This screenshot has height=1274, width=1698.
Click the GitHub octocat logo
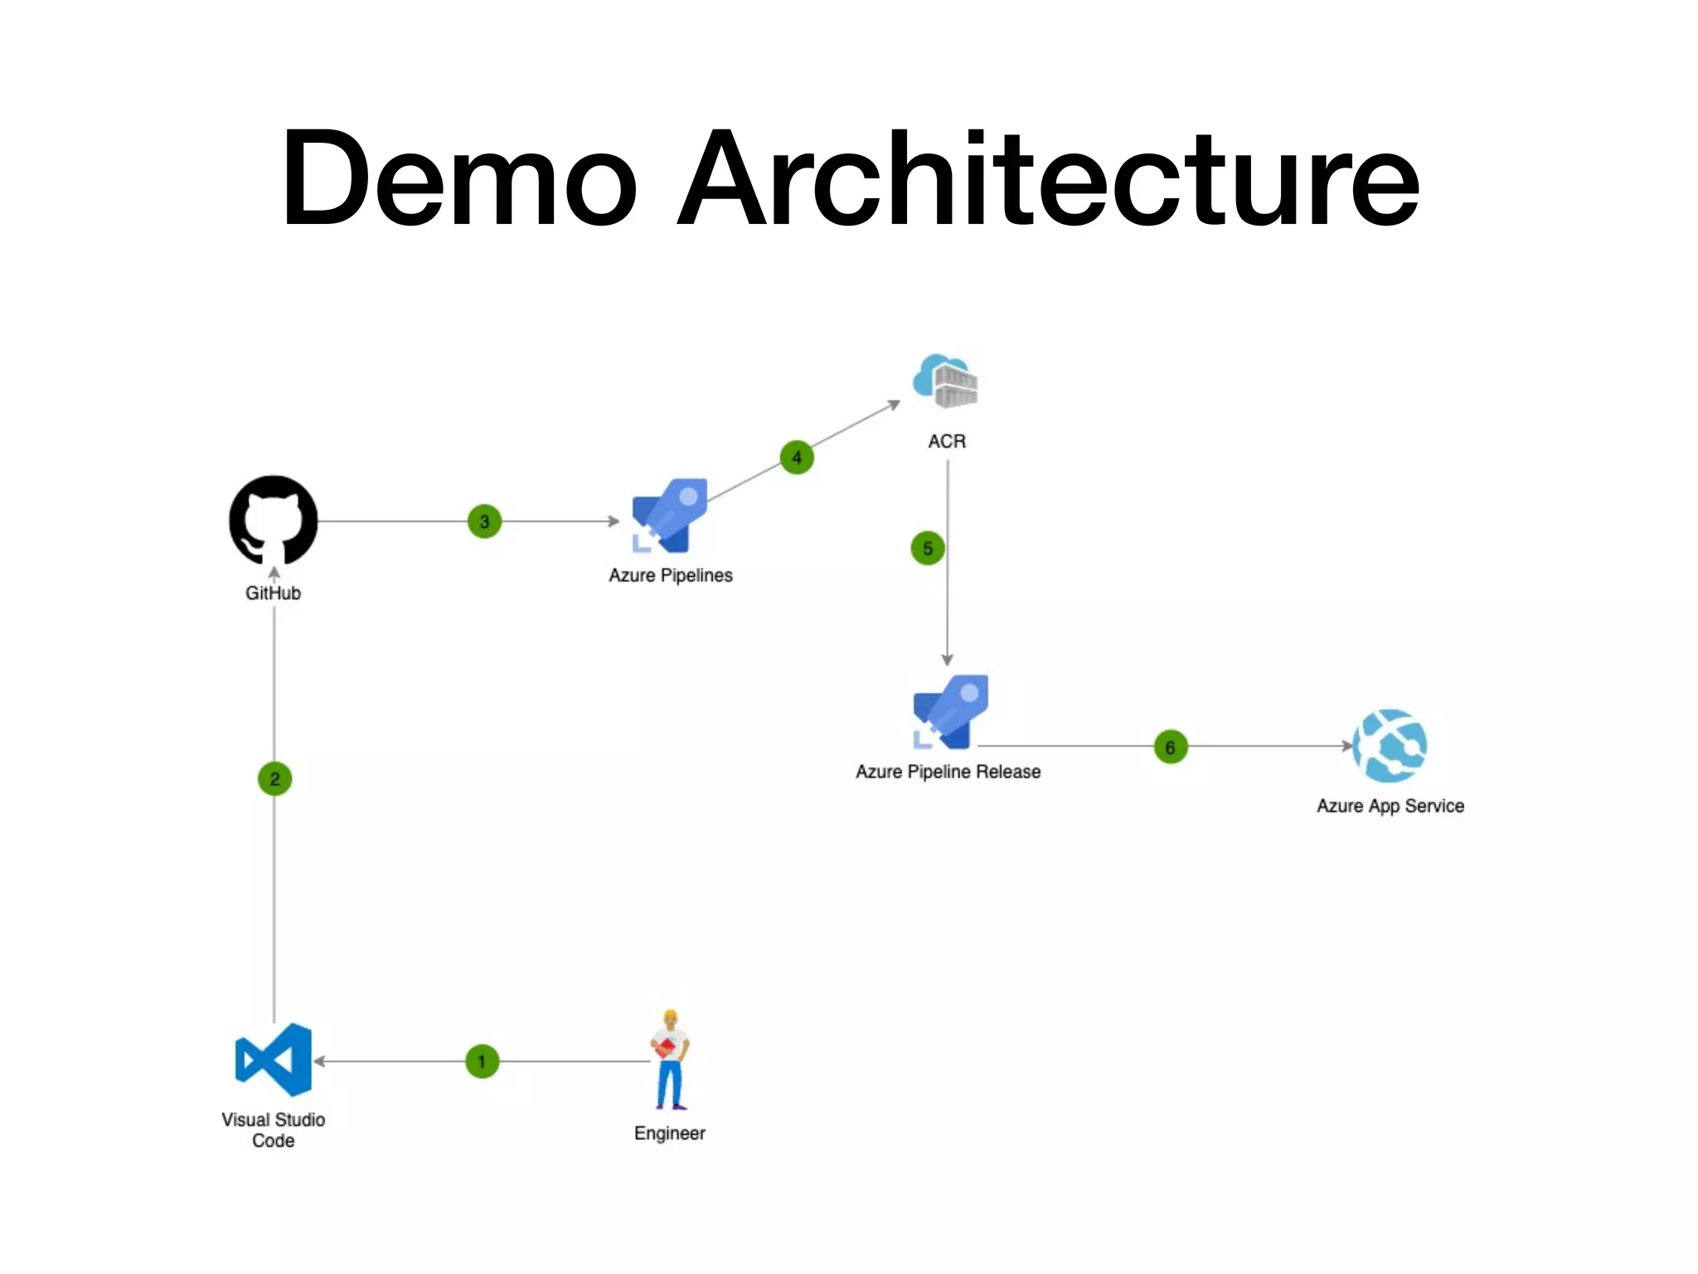(273, 520)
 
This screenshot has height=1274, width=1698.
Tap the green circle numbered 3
(484, 522)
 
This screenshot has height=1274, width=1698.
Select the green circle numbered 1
(482, 1062)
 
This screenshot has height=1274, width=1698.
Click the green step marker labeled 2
(274, 779)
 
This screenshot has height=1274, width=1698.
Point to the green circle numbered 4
(797, 457)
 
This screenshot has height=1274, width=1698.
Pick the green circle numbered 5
(928, 548)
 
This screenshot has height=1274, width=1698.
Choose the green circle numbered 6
(1170, 747)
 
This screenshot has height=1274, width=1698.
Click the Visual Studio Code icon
(274, 1060)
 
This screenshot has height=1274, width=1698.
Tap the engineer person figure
(670, 1060)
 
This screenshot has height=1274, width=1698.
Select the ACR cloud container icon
(946, 382)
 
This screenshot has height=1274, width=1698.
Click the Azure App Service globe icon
(1390, 746)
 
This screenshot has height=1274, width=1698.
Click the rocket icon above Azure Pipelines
(670, 515)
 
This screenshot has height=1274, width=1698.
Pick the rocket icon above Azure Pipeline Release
(951, 712)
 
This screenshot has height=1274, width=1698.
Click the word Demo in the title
(459, 178)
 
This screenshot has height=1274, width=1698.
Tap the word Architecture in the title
(1048, 178)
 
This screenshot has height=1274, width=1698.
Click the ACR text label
(947, 441)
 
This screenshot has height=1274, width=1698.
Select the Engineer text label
(669, 1133)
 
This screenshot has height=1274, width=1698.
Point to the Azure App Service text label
(1390, 806)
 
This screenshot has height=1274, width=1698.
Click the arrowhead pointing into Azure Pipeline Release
(947, 660)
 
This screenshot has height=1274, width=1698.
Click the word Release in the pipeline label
(1007, 772)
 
